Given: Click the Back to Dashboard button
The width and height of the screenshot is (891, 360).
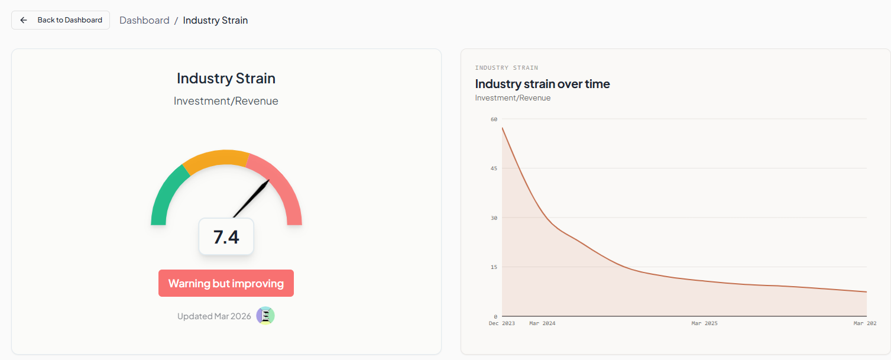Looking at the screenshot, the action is [60, 20].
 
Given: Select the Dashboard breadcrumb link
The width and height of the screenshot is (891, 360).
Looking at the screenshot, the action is [144, 20].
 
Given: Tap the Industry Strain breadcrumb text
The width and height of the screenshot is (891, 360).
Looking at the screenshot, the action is [215, 20].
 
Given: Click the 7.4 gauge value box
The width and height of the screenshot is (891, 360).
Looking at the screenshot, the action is [226, 236].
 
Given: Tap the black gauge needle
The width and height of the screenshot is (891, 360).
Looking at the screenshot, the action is [251, 199].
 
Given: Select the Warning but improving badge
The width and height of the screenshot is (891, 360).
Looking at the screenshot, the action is [226, 283].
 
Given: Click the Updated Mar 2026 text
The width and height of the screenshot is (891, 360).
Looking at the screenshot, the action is [214, 316].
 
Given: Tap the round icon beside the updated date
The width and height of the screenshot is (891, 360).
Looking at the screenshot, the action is [265, 316].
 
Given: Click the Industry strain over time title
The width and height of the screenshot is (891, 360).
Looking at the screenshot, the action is [542, 84].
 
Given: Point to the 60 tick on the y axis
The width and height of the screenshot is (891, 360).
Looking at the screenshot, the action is [494, 119].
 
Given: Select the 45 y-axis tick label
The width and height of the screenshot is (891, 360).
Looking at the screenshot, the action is [494, 168].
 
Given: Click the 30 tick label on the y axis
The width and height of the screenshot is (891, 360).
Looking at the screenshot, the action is [494, 218].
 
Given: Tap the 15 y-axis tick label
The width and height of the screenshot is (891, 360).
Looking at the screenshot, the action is [494, 267].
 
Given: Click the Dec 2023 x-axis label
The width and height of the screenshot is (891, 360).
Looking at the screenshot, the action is [501, 323].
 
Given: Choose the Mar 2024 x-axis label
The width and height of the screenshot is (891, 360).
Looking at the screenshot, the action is [542, 323].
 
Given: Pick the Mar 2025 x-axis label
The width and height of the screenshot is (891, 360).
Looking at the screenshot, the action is [704, 323].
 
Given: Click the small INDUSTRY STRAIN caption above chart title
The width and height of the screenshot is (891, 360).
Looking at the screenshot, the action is [506, 68].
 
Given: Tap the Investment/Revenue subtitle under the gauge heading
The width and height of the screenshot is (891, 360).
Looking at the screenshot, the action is [226, 101].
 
